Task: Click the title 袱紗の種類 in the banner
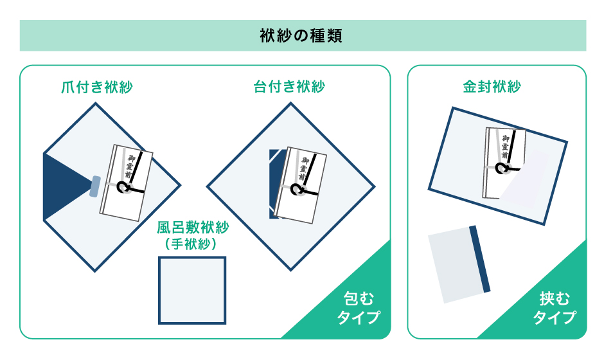point(302,35)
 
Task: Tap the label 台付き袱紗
point(289,87)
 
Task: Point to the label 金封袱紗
point(492,87)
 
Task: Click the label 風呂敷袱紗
point(193,228)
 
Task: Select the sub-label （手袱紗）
point(193,244)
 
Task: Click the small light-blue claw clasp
point(96,185)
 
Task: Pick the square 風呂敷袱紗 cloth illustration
point(192,291)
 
